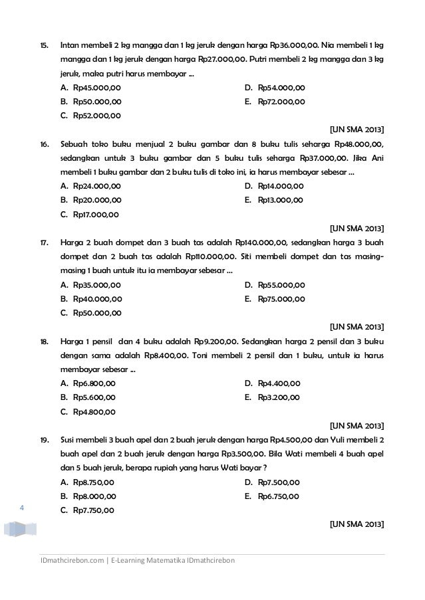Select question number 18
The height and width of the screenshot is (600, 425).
pos(43,342)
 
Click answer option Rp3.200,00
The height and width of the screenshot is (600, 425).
pos(278,397)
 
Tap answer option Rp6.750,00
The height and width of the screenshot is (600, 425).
pos(278,496)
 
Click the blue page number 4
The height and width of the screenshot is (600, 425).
pos(22,508)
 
